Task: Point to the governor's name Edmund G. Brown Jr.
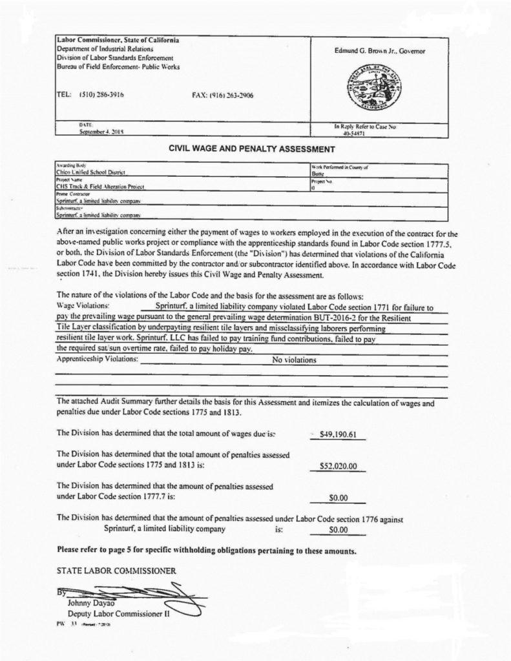click(380, 50)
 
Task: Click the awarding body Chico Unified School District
click(90, 173)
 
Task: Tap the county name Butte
click(318, 174)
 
